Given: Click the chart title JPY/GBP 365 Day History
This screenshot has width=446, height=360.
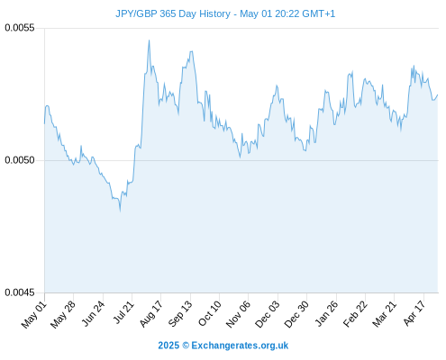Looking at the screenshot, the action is click(173, 13).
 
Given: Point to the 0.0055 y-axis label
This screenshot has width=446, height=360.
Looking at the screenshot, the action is click(20, 28).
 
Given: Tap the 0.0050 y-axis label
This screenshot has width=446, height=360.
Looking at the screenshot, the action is click(20, 160).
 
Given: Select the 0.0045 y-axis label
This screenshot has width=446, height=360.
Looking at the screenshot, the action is click(20, 292).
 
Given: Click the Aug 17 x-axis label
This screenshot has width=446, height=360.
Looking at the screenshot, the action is click(151, 314).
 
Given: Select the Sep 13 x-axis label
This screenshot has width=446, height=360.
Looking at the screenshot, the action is click(180, 314).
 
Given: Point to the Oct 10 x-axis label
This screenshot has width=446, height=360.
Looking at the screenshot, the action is click(210, 313).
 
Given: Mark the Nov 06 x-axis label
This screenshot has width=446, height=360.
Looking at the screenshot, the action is click(238, 314).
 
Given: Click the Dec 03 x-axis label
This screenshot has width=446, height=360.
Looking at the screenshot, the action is click(268, 314).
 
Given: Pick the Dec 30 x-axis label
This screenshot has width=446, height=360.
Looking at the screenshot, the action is click(296, 314).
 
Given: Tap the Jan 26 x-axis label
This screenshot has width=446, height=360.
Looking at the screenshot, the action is click(326, 313).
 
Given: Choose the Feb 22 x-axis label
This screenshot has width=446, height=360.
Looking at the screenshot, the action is click(355, 314).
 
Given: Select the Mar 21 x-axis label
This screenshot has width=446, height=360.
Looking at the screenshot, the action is click(385, 314).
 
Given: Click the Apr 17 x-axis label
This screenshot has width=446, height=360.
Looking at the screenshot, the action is click(414, 313).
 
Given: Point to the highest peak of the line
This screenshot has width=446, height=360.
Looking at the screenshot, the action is click(149, 40).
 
